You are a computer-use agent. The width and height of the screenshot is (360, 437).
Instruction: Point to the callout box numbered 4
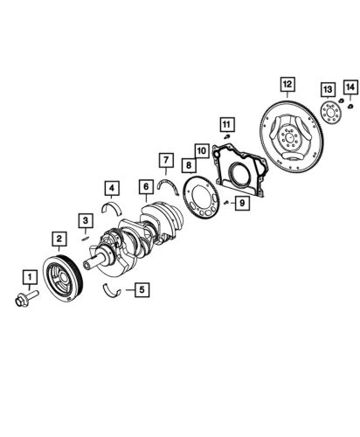point(111,187)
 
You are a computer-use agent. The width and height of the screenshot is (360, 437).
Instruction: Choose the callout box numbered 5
point(140,288)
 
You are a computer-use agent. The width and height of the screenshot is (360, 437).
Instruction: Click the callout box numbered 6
point(145,185)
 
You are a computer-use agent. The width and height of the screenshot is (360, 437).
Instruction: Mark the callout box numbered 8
point(188,164)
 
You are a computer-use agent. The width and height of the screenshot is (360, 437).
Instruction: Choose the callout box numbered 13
point(327,89)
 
